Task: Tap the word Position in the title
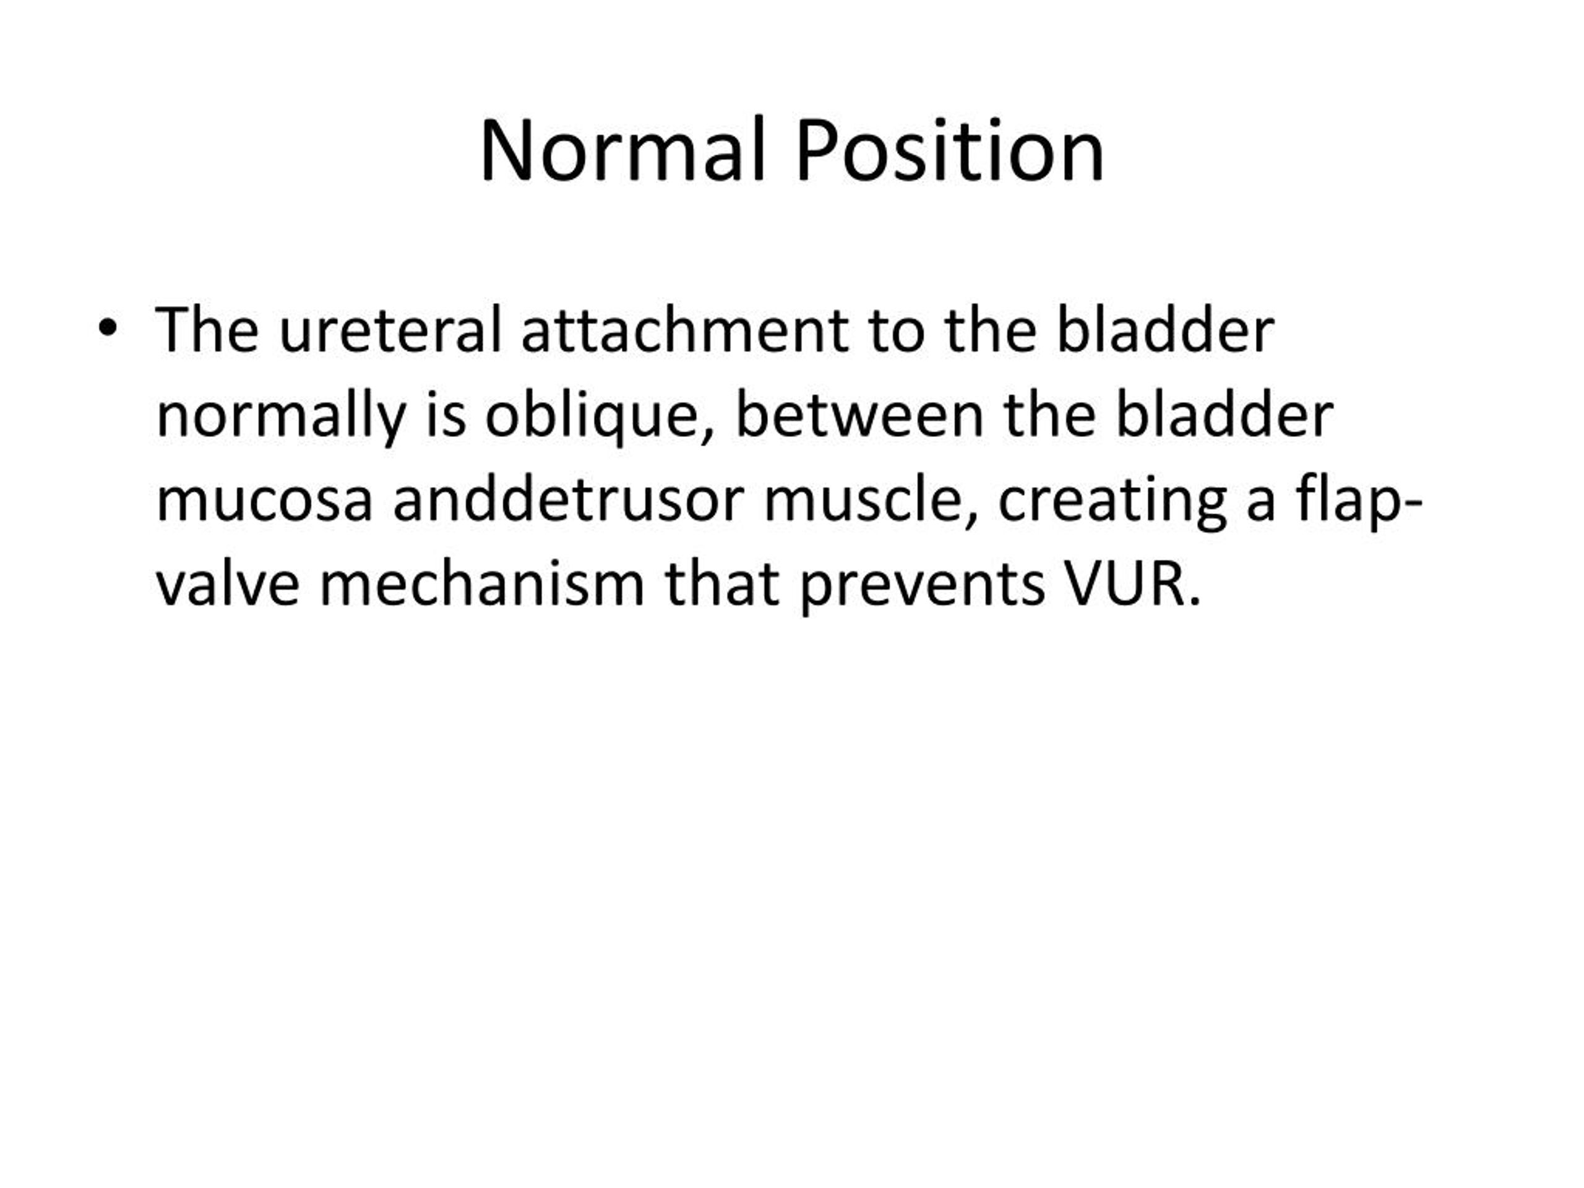pos(950,151)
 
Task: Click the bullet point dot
pos(108,329)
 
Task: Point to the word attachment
pos(686,330)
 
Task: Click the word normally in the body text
pos(281,417)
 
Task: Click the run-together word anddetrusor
pos(569,499)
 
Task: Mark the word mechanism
pos(482,584)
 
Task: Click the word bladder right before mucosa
pos(1224,415)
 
